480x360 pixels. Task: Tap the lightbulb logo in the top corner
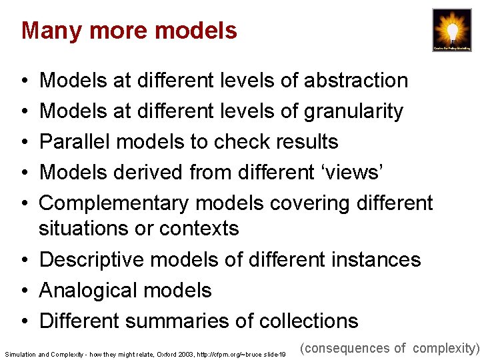tap(451, 30)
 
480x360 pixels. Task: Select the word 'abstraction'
tap(356, 81)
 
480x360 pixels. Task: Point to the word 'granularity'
tap(353, 111)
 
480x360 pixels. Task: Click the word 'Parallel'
tap(76, 142)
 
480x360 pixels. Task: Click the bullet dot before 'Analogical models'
tap(24, 291)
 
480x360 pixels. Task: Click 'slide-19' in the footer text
tap(273, 354)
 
